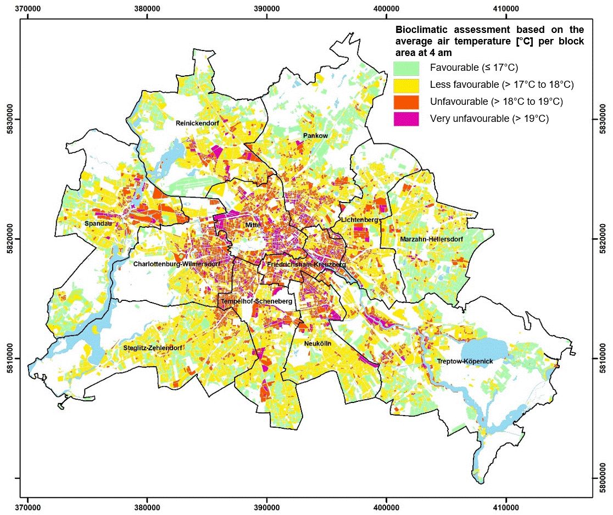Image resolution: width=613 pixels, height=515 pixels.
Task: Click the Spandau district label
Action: click(x=95, y=224)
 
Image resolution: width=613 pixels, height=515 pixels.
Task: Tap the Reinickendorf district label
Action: click(x=197, y=124)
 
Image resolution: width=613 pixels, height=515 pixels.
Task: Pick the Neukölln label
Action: click(x=317, y=343)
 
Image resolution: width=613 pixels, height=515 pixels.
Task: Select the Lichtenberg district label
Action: click(x=360, y=220)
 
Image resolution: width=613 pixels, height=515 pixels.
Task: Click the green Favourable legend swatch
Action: click(x=406, y=68)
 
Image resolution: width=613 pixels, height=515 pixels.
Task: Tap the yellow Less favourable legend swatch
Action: click(x=406, y=85)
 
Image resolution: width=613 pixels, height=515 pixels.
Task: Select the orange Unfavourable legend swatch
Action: click(x=406, y=102)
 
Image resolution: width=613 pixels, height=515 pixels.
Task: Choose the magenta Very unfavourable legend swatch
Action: click(x=406, y=119)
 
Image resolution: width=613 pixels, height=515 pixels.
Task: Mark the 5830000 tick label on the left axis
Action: click(x=8, y=119)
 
